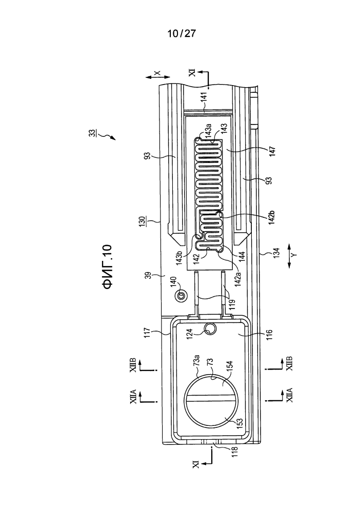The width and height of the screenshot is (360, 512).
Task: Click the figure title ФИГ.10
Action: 107,267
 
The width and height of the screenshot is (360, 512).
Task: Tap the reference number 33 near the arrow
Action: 93,133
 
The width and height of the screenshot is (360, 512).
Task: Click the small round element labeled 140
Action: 181,296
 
